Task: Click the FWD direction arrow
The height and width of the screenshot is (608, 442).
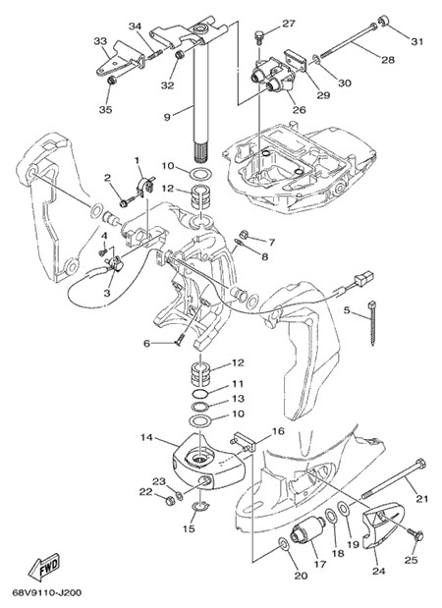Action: (x=43, y=567)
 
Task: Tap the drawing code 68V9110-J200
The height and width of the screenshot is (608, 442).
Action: (x=47, y=593)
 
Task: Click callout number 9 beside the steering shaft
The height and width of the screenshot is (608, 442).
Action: (x=167, y=117)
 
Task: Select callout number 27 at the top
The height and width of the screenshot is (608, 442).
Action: (x=288, y=24)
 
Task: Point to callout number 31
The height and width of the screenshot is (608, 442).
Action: (x=417, y=41)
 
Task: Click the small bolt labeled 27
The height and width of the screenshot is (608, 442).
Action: (x=258, y=37)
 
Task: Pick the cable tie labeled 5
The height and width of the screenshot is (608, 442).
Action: (x=372, y=322)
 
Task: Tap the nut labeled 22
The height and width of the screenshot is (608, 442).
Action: (x=169, y=501)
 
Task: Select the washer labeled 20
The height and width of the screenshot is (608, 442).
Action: (x=283, y=544)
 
